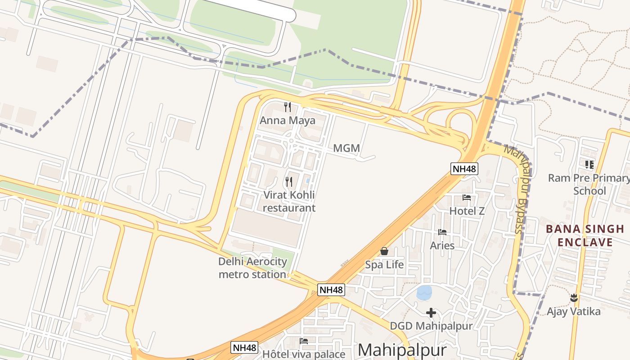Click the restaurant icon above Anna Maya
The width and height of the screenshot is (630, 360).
pyautogui.click(x=288, y=107)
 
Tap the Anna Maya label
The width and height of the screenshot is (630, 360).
pyautogui.click(x=288, y=121)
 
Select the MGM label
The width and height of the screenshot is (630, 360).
pyautogui.click(x=346, y=148)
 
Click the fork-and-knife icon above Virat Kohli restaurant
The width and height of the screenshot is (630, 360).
pyautogui.click(x=289, y=182)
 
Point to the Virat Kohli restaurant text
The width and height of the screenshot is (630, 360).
pyautogui.click(x=289, y=201)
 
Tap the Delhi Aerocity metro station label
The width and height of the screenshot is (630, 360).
pyautogui.click(x=252, y=268)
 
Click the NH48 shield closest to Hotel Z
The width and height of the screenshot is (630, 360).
pyautogui.click(x=464, y=169)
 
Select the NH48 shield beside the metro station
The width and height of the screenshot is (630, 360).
pyautogui.click(x=331, y=290)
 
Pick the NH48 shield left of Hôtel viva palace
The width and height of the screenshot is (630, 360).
pyautogui.click(x=244, y=347)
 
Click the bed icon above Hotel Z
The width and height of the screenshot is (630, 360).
pyautogui.click(x=467, y=198)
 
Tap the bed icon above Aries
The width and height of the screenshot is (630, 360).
pyautogui.click(x=442, y=232)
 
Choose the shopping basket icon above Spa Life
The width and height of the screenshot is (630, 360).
pyautogui.click(x=384, y=251)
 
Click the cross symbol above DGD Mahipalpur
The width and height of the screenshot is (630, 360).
pyautogui.click(x=431, y=312)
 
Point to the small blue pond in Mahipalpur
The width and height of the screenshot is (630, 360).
pyautogui.click(x=424, y=292)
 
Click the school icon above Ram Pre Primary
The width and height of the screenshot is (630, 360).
pyautogui.click(x=589, y=165)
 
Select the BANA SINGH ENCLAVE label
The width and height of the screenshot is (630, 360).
pyautogui.click(x=585, y=236)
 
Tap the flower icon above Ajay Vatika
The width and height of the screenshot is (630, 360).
pyautogui.click(x=574, y=297)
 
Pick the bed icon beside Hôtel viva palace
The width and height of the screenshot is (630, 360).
pyautogui.click(x=304, y=341)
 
